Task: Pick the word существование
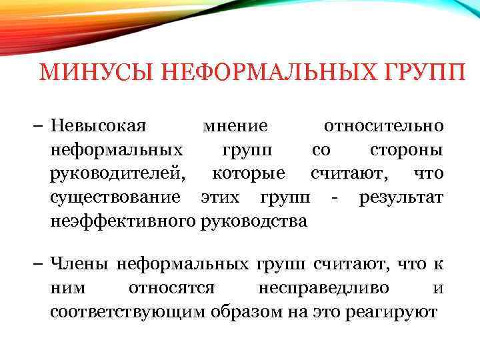click(x=115, y=197)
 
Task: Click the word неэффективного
click(x=123, y=220)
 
